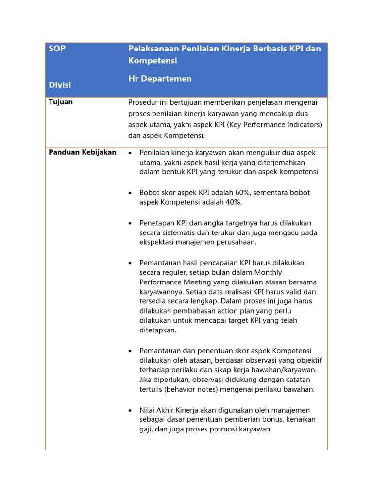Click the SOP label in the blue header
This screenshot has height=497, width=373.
57,49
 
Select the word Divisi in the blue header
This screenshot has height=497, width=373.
60,85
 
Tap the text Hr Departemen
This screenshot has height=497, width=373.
160,79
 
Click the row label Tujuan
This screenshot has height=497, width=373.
61,102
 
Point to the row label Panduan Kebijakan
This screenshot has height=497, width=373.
83,152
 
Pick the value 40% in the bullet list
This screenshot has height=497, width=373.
232,202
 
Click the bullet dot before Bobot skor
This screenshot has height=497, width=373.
130,193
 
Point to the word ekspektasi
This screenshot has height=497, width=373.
158,242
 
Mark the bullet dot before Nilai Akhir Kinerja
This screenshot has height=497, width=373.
130,411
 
